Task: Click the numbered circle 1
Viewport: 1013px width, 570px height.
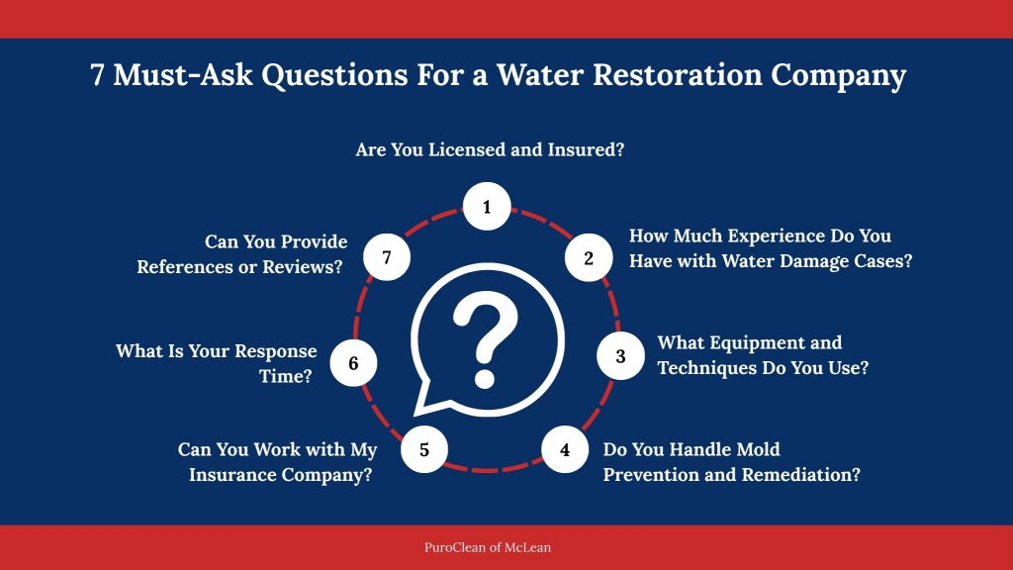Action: pos(487,207)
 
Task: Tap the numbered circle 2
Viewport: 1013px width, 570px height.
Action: pos(589,258)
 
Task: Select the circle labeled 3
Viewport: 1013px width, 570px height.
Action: pos(620,356)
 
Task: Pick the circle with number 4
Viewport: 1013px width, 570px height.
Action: pos(565,449)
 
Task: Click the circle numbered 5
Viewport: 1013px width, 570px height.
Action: pos(424,449)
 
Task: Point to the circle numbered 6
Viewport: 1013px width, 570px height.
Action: pos(353,363)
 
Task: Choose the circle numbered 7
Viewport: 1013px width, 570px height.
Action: pos(387,258)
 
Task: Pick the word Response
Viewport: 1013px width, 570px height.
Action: pos(273,351)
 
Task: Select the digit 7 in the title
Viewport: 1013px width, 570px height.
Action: pos(97,76)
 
